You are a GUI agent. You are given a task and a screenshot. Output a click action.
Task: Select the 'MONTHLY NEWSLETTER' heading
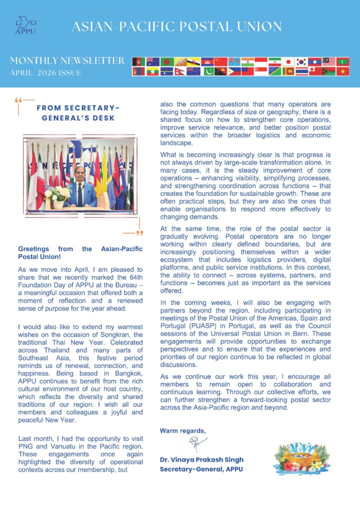point(67,61)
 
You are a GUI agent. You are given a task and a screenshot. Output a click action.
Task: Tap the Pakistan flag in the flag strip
point(208,71)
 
